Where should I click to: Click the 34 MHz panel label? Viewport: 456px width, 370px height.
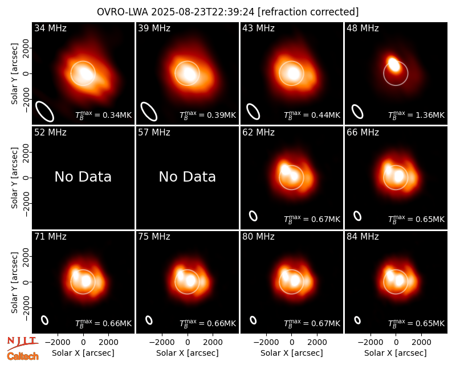50,28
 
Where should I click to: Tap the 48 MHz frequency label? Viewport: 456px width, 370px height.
363,28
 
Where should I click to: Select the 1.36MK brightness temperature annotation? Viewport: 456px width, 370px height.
417,115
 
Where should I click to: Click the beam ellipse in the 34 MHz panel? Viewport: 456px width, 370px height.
45,111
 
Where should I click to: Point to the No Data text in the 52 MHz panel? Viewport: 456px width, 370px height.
83,176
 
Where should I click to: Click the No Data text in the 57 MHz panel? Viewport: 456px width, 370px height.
188,176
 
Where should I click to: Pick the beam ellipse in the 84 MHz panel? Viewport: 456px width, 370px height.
357,320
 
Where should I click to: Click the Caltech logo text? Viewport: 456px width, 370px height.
23,356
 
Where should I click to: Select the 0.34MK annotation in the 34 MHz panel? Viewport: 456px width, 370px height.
104,115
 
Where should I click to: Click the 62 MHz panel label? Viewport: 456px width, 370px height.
258,133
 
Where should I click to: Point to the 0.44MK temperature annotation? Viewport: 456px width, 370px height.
312,115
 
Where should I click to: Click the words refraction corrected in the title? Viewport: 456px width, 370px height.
308,12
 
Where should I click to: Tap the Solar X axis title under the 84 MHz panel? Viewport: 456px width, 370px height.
396,353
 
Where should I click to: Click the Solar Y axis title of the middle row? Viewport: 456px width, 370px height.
15,178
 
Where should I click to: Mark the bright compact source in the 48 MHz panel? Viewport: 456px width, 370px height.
394,64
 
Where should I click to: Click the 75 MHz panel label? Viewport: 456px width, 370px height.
154,237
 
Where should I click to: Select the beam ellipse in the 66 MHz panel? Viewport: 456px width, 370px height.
357,216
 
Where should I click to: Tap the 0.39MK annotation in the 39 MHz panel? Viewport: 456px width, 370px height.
207,115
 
